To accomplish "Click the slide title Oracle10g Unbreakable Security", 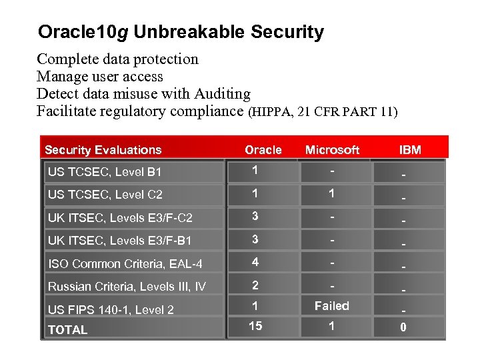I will coord(181,31).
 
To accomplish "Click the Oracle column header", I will coord(263,150).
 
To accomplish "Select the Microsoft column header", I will coord(332,150).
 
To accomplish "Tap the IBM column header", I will coord(410,150).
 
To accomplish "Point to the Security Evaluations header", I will coord(103,150).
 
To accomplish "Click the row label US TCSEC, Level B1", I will coord(105,172).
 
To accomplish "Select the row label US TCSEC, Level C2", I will coord(105,195).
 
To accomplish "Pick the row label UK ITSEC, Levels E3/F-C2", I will coord(119,217).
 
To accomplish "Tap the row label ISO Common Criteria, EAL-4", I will coord(125,264).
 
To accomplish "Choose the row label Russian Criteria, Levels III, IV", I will coord(127,287).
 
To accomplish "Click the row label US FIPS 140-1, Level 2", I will coord(111,309).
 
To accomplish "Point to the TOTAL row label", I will coord(67,330).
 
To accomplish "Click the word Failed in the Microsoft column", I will coord(331,306).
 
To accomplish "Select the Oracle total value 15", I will coord(255,326).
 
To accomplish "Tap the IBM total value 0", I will coord(403,328).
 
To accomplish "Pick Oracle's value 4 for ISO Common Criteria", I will coord(255,261).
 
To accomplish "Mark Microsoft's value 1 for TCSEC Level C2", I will coord(331,193).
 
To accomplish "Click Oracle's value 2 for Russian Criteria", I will coord(255,285).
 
